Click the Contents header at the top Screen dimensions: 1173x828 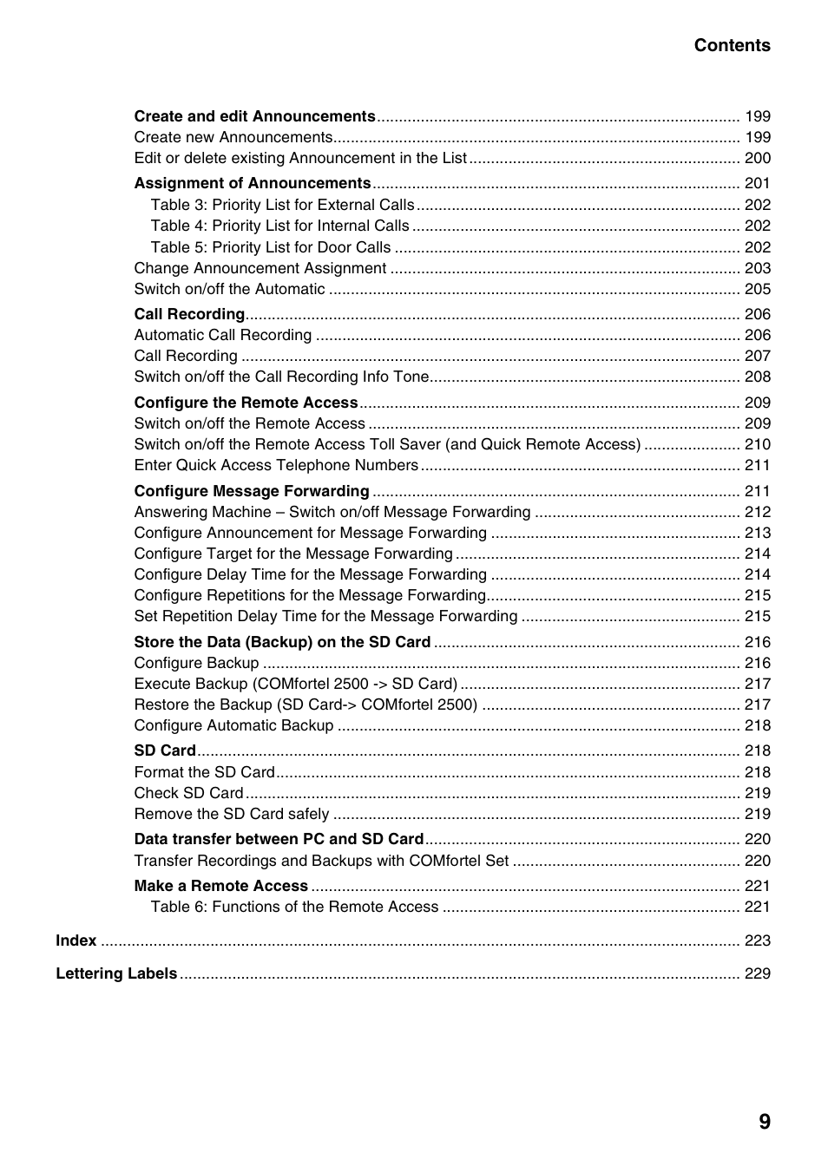pos(732,46)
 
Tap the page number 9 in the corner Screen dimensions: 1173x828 pos(764,1122)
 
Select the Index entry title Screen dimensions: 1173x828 pos(76,940)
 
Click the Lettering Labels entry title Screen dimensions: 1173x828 pos(116,973)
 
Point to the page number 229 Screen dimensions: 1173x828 pos(757,973)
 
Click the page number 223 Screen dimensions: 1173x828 pos(757,940)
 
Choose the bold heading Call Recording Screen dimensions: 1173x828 pos(189,314)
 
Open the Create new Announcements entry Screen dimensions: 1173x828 pos(233,137)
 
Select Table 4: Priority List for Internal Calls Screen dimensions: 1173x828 pos(279,226)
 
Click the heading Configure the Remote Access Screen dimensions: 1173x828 pos(246,403)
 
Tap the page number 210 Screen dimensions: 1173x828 pos(757,444)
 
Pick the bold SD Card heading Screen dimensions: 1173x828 pos(165,750)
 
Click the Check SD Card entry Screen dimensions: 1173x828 pos(188,793)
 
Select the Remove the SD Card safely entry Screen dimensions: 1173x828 pos(231,814)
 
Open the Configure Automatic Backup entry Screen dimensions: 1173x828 pos(233,725)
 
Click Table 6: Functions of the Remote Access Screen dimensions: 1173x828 pos(294,907)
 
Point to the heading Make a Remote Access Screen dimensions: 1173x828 pos(220,886)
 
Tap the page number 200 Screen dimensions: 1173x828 pos(757,158)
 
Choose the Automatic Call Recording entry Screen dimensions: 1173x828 pos(222,335)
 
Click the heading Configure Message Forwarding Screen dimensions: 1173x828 pos(252,491)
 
